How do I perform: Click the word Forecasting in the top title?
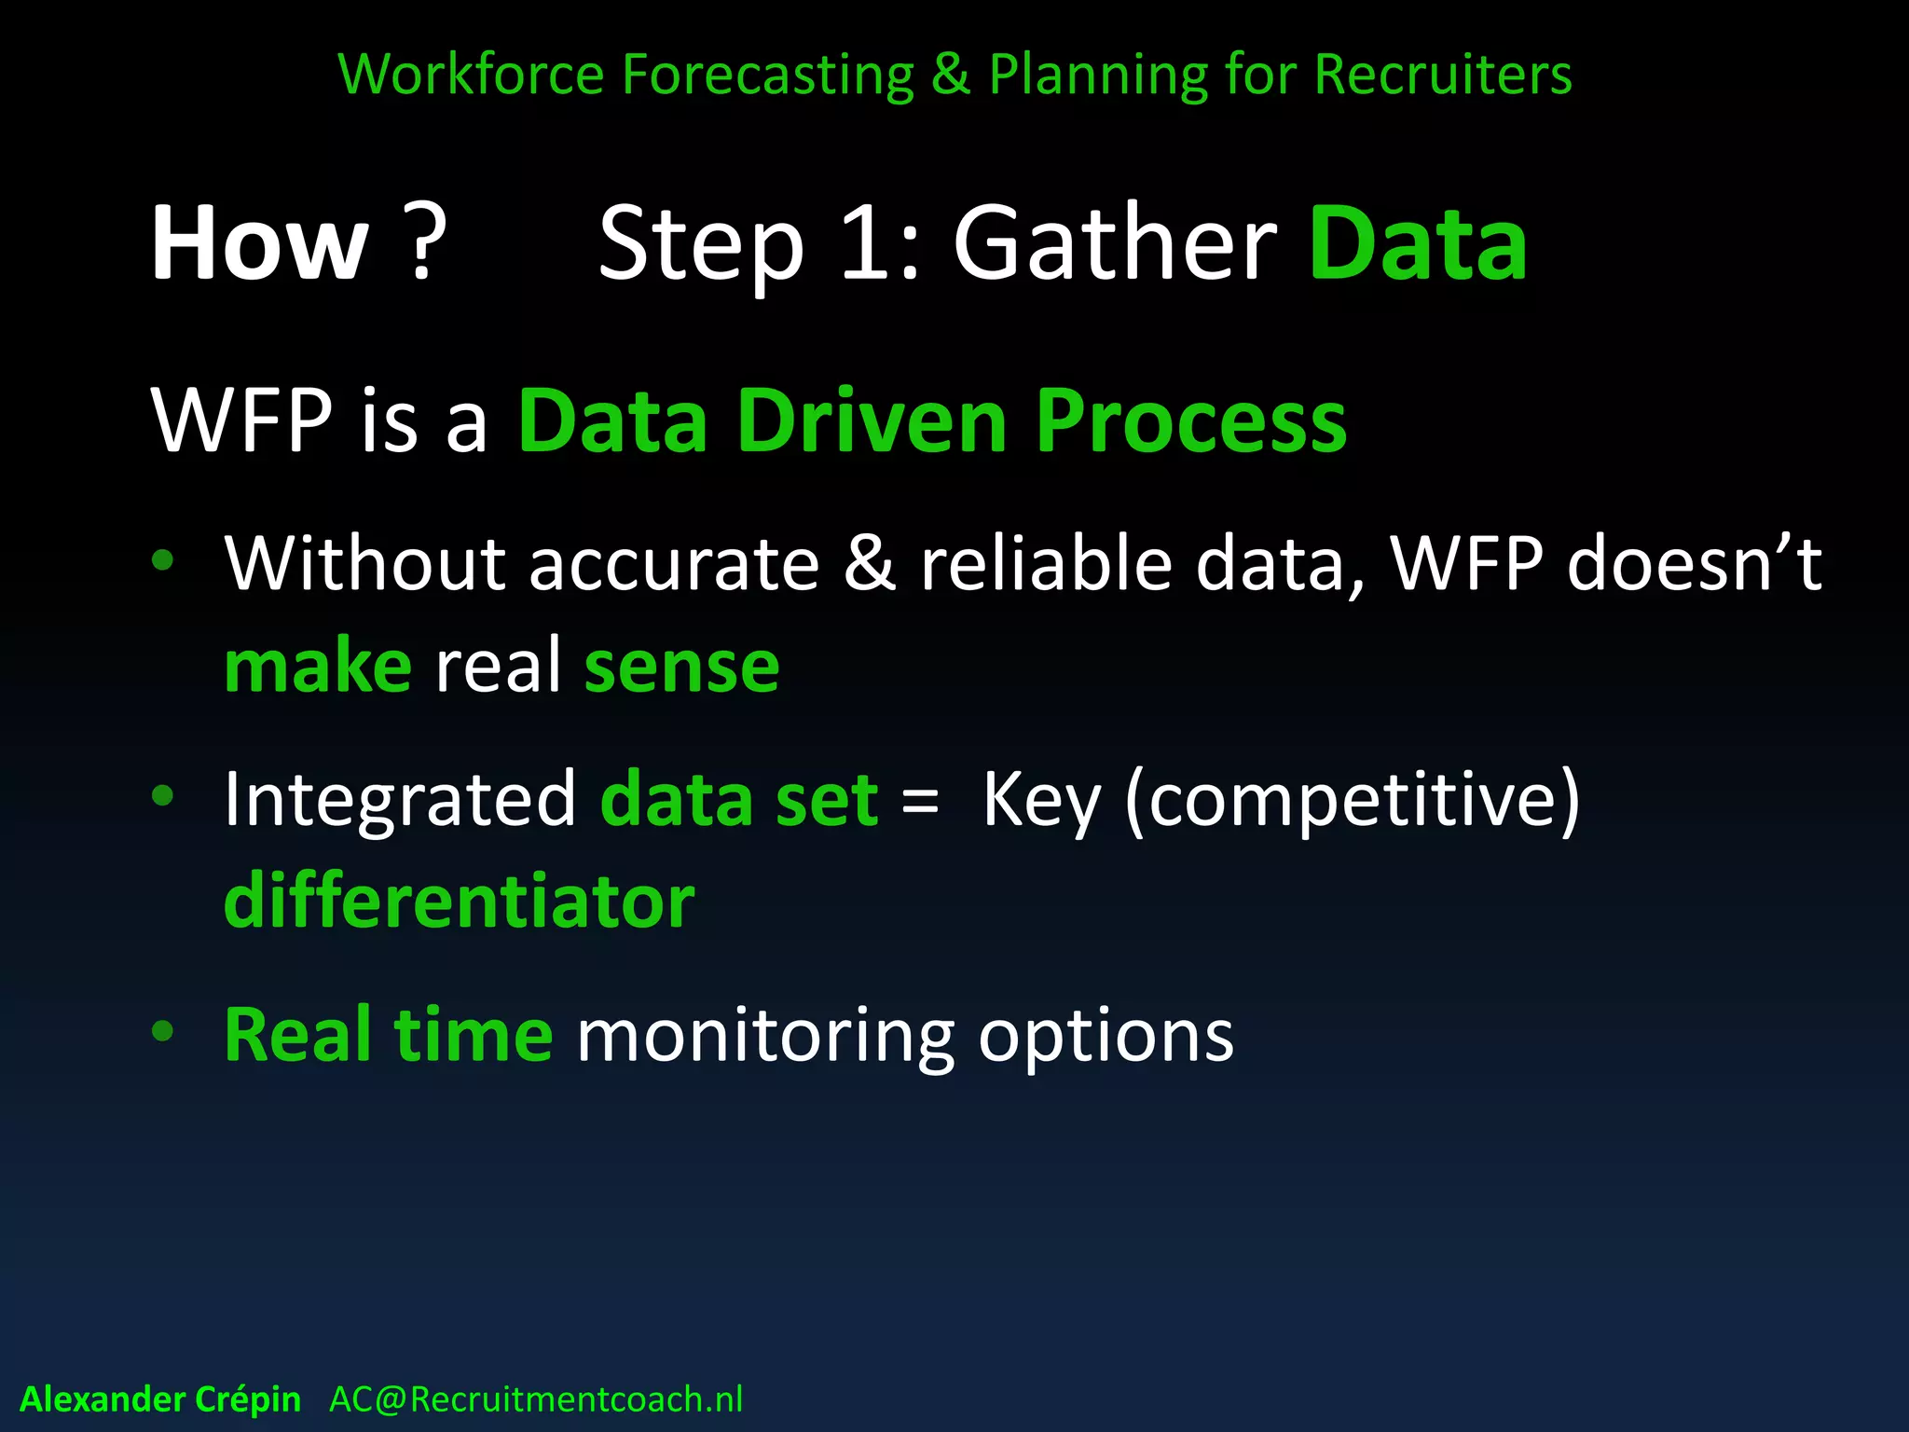point(768,75)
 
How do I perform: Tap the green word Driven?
point(872,421)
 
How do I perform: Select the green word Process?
point(1190,421)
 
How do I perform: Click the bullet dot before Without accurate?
point(163,560)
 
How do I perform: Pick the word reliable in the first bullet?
point(1045,564)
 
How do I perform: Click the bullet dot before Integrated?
point(163,795)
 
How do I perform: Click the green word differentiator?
point(460,902)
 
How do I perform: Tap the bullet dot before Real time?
point(163,1031)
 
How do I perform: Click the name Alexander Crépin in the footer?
point(160,1399)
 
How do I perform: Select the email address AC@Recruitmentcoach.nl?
point(536,1399)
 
